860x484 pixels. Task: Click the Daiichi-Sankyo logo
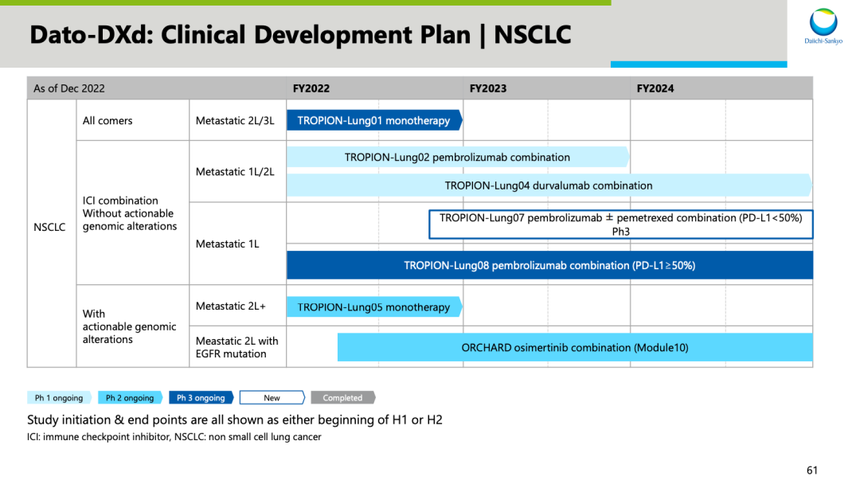click(823, 26)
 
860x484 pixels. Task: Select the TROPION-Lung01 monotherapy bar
click(374, 120)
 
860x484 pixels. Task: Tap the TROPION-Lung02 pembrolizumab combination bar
click(458, 158)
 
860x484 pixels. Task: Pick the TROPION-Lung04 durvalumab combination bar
click(549, 185)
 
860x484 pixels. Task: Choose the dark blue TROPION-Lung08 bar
click(549, 265)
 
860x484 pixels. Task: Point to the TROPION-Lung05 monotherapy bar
click(374, 307)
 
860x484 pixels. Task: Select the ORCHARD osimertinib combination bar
click(575, 348)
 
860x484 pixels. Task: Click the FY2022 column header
click(311, 89)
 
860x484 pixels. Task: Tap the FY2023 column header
click(488, 89)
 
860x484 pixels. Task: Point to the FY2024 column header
click(655, 89)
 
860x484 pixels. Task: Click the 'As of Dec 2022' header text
click(69, 89)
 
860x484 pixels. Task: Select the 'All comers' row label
click(107, 120)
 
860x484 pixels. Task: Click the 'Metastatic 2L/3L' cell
click(235, 120)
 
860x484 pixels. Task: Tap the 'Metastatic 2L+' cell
click(231, 306)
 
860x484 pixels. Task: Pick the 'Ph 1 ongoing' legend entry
click(59, 397)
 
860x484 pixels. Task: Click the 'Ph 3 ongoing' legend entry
click(201, 397)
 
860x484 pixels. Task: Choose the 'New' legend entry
click(272, 397)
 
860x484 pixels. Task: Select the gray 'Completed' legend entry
click(342, 397)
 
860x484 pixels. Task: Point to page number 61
click(812, 470)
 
